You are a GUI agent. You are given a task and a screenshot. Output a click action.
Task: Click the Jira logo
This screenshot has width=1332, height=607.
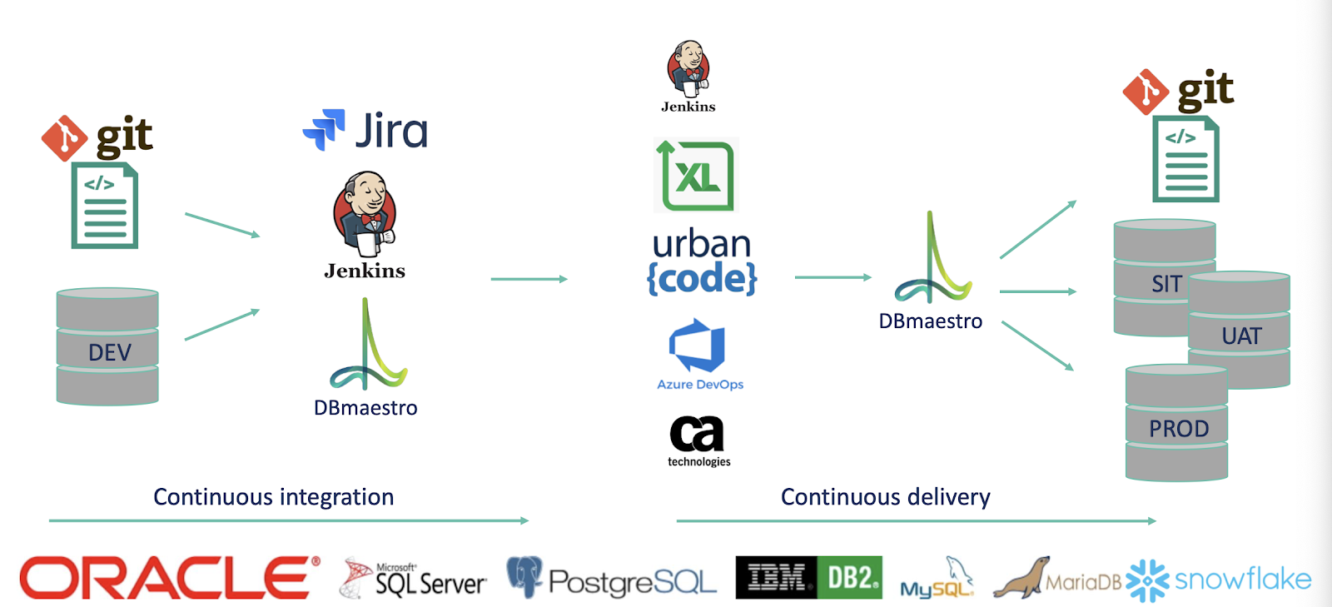click(x=365, y=131)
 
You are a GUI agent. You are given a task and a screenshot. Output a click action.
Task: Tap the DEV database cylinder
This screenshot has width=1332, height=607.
click(x=107, y=347)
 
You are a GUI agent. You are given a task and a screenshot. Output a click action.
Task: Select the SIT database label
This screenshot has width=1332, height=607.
click(x=1166, y=284)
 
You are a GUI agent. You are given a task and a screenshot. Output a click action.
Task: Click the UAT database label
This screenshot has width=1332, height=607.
click(x=1241, y=336)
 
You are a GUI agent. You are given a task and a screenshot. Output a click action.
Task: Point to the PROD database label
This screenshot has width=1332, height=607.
click(x=1178, y=429)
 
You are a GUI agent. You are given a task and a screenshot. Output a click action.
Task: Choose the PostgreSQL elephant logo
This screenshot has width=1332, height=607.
click(x=524, y=576)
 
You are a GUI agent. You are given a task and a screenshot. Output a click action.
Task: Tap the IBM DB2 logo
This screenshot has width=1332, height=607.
click(x=808, y=578)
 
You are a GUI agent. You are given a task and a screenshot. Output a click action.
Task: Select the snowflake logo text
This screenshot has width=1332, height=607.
click(x=1242, y=579)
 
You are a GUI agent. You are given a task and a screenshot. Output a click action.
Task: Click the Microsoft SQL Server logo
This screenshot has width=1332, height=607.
click(x=415, y=579)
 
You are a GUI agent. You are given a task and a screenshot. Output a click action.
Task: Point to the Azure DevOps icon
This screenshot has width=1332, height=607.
click(x=697, y=345)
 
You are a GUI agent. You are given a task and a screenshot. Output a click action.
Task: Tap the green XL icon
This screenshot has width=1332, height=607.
click(x=697, y=176)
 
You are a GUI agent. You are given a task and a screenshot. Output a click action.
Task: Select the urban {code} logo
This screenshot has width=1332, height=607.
click(x=702, y=261)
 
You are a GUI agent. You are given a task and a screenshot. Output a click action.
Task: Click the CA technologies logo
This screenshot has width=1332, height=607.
click(x=698, y=440)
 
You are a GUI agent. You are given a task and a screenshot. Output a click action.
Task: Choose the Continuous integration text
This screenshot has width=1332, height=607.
click(x=273, y=497)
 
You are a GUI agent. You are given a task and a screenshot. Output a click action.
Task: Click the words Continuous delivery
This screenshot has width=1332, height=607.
click(x=885, y=497)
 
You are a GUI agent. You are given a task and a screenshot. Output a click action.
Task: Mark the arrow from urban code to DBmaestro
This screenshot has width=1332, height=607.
click(x=832, y=277)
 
